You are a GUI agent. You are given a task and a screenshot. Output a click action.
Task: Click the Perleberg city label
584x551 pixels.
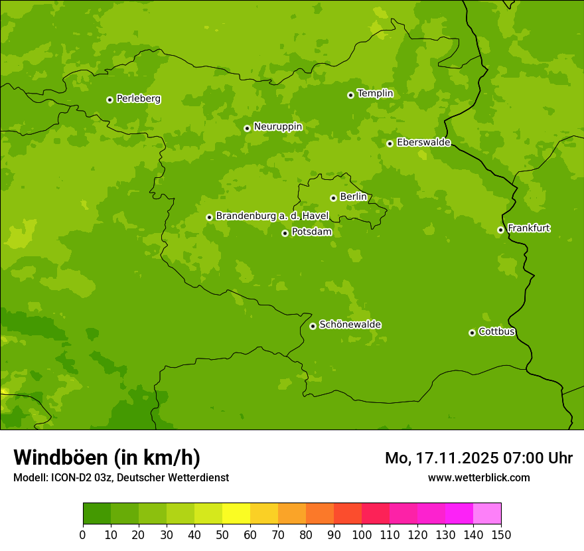pos(138,99)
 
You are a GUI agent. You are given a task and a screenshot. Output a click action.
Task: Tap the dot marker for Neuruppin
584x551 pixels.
pos(247,128)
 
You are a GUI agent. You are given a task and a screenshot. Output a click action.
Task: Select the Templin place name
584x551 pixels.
pos(375,94)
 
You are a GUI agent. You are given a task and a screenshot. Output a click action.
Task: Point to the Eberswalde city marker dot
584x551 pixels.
pos(390,143)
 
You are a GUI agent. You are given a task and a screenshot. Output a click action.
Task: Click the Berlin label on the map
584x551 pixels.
pos(353,197)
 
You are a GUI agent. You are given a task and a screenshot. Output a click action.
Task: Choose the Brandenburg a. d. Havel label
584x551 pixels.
pos(272,216)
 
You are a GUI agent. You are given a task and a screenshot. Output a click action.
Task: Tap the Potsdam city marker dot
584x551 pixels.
pos(285,233)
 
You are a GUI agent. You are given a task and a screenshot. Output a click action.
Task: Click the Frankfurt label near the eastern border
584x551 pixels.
pos(528,228)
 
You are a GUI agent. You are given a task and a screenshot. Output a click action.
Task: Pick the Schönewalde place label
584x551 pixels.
pos(350,325)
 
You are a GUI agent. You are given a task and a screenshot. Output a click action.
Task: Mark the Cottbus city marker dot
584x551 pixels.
pos(472,333)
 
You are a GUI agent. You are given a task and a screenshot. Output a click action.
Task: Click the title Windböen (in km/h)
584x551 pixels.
pos(107,457)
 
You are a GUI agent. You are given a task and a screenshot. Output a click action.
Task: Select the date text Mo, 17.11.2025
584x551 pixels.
pos(442,458)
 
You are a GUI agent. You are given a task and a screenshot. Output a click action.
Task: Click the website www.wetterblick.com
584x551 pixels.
pos(478,477)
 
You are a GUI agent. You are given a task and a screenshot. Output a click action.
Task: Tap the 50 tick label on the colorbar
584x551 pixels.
pos(222,534)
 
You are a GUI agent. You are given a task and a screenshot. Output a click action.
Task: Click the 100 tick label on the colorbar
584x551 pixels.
pos(362,534)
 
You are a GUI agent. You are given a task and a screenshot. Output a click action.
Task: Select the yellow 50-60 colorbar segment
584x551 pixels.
pos(236,514)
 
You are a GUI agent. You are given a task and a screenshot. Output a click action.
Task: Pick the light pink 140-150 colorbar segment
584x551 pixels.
pos(487,514)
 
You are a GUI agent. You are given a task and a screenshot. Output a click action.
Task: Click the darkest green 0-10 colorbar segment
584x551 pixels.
pos(97,514)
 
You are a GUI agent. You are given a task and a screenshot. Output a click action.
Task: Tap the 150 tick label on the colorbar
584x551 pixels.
pos(501,534)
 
